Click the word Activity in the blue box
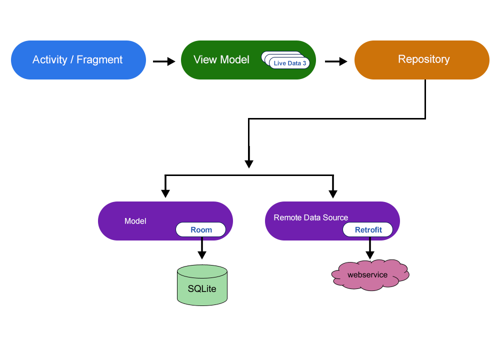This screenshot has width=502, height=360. click(x=49, y=60)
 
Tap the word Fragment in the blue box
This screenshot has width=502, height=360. click(x=99, y=60)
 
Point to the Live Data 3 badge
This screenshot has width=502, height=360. click(x=289, y=63)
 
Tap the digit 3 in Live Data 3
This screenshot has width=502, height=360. click(x=304, y=63)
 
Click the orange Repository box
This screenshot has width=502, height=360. click(x=422, y=59)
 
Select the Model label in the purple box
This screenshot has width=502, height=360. click(x=135, y=221)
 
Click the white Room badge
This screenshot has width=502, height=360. click(x=200, y=230)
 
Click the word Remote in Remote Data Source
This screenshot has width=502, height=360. click(x=288, y=217)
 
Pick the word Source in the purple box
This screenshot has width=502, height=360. click(x=335, y=217)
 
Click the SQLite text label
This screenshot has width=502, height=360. click(x=202, y=288)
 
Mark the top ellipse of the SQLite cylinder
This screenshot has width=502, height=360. click(x=202, y=271)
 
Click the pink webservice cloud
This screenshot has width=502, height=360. click(x=370, y=275)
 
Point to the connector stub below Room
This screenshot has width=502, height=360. click(x=201, y=239)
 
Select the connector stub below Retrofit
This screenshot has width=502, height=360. click(x=369, y=239)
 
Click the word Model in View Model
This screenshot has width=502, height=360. click(x=234, y=60)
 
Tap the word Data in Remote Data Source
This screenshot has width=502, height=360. click(x=312, y=217)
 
